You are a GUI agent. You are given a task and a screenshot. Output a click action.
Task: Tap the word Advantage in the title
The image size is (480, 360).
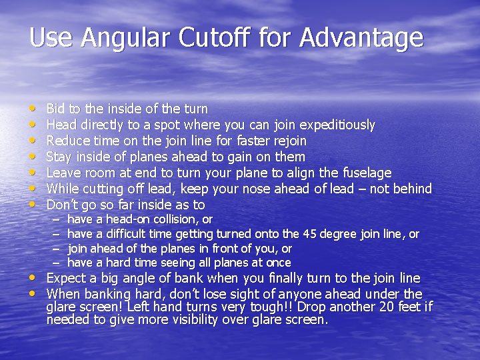click(361, 37)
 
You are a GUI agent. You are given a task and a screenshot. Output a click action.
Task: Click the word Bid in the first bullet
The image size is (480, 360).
click(55, 109)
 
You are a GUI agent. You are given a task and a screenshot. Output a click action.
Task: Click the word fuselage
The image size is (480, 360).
click(367, 173)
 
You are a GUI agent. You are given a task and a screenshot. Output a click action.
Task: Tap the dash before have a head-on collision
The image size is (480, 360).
click(56, 219)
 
